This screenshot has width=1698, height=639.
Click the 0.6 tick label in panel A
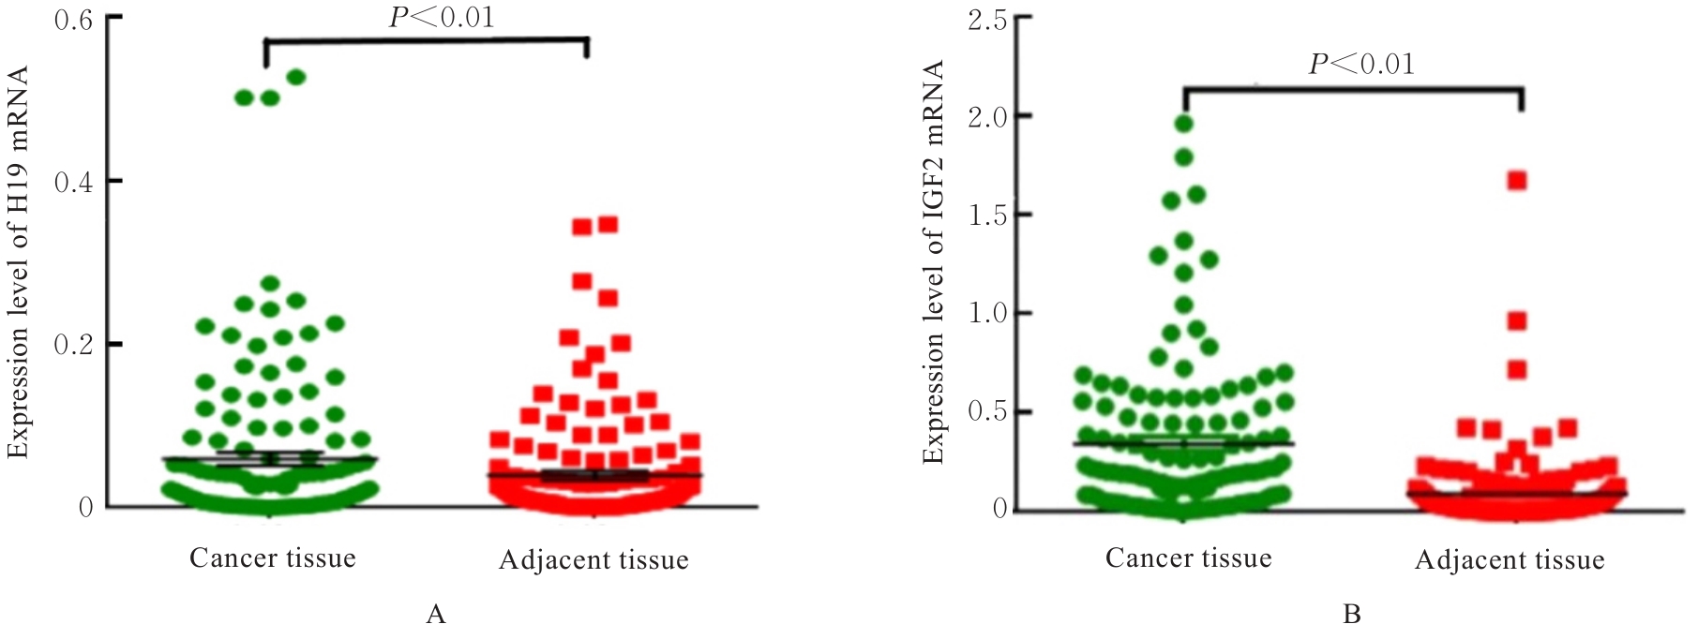point(73,19)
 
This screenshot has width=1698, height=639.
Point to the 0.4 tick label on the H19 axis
point(73,182)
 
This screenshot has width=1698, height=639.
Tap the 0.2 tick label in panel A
point(73,345)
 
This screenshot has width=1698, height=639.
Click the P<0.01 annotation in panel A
point(442,18)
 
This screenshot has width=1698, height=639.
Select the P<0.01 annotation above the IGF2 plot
point(1361,65)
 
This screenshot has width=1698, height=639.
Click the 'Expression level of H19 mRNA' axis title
point(19,262)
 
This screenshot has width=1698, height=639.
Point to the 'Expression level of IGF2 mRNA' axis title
point(933,262)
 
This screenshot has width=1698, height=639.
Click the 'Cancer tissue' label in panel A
point(273,559)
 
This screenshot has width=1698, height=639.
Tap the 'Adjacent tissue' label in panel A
point(594,561)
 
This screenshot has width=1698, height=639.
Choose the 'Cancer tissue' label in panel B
point(1189,559)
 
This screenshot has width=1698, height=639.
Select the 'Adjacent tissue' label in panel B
point(1510,561)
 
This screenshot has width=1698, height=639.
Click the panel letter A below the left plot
point(435,616)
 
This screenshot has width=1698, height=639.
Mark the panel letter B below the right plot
point(1352,616)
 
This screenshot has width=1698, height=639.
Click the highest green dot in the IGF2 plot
point(1184,123)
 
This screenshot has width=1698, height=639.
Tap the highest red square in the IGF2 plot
point(1517,181)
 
